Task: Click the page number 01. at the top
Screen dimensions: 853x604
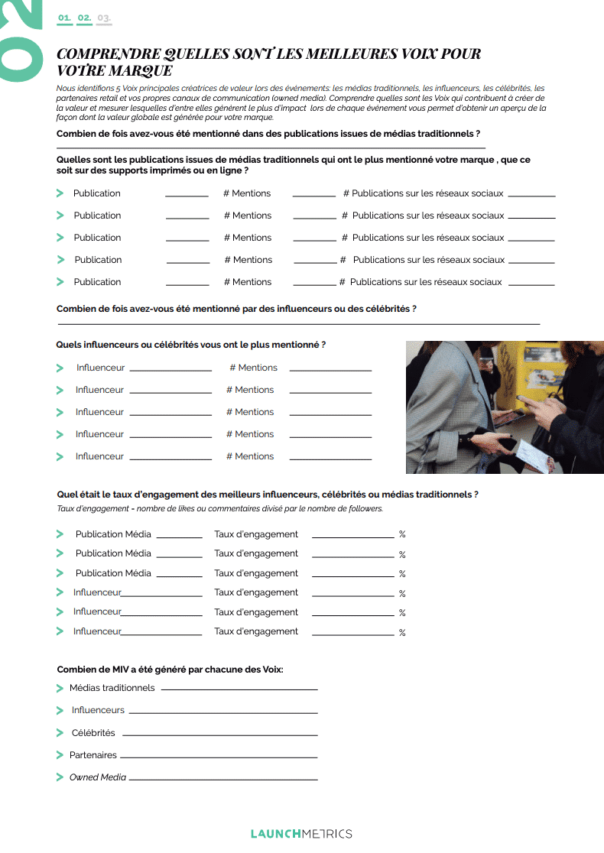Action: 64,17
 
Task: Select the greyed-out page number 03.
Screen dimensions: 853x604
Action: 104,17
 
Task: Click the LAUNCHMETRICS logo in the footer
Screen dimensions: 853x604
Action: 301,833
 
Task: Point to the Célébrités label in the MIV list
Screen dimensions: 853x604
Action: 93,733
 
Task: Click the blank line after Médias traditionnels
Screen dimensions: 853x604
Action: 239,689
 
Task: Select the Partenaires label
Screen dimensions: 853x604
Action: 93,755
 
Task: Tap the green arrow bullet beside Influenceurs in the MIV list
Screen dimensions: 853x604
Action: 60,711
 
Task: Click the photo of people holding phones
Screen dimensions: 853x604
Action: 505,407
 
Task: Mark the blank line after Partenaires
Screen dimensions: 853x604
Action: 219,757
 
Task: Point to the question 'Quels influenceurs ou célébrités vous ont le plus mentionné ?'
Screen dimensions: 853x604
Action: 191,345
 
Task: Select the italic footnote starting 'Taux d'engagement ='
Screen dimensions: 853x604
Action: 220,509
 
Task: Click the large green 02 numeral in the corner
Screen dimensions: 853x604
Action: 20,38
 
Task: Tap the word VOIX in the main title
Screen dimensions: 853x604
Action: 398,54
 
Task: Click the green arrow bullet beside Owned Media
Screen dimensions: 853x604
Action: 60,777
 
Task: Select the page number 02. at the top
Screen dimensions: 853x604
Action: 84,17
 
